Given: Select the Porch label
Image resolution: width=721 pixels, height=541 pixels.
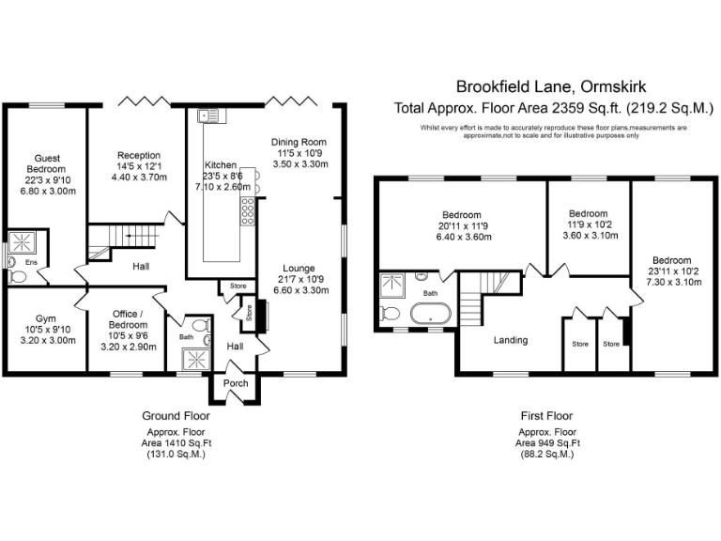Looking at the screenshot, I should (x=235, y=383).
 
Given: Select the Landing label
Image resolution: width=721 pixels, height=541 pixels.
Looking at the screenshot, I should (x=511, y=340).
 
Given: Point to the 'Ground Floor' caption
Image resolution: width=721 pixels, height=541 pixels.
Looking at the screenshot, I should (x=176, y=415).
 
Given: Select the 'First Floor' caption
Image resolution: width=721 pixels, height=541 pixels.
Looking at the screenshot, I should (x=546, y=415).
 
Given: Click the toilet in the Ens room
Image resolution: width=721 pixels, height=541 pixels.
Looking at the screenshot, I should (x=15, y=277).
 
